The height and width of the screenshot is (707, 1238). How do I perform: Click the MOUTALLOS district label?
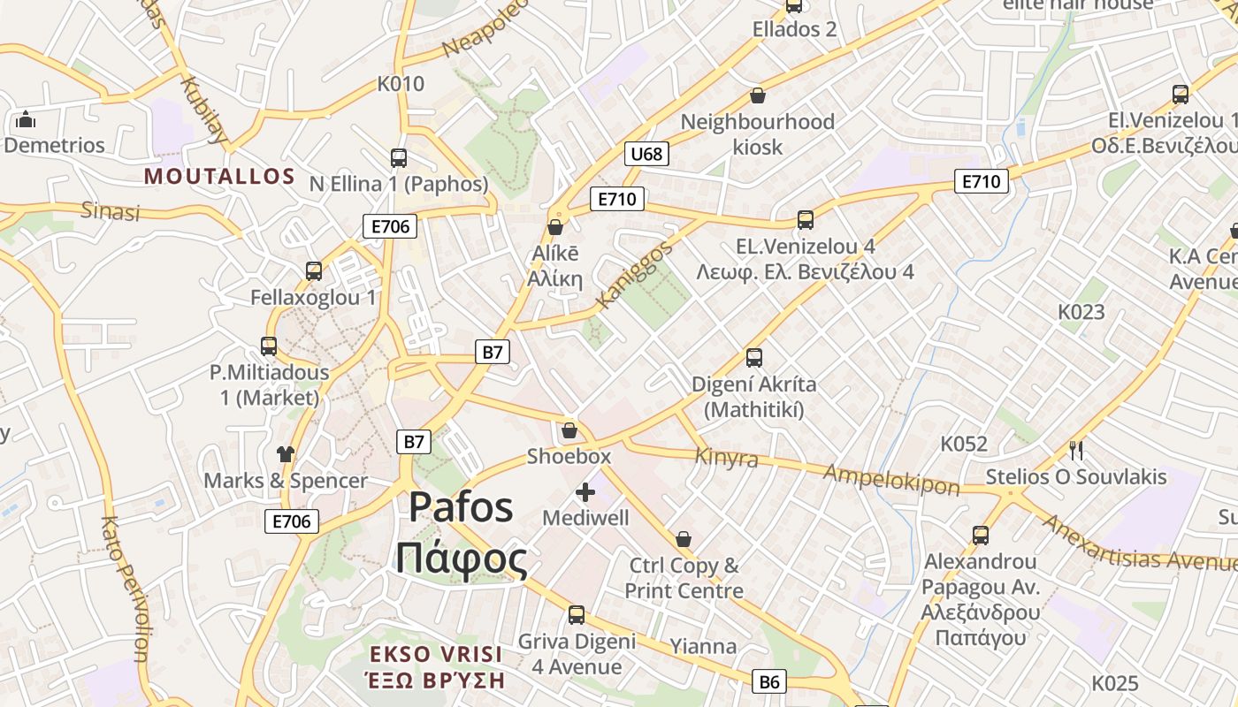click(219, 176)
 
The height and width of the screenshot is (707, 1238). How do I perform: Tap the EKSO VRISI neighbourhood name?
click(436, 655)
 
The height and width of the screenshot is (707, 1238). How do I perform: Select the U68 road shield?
click(646, 154)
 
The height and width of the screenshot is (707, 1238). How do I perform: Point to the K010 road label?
click(401, 84)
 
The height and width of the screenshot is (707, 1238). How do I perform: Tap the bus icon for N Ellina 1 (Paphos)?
click(399, 158)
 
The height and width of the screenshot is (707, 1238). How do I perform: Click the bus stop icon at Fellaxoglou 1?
click(314, 271)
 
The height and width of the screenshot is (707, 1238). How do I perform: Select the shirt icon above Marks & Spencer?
click(285, 454)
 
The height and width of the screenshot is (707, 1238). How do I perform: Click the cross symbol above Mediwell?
click(585, 492)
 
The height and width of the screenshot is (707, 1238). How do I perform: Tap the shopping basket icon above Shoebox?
click(569, 430)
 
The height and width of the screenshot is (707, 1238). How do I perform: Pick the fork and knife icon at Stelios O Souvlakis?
click(1076, 451)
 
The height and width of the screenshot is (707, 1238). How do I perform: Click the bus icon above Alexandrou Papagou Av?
click(981, 535)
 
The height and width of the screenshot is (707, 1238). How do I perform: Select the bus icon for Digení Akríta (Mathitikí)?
click(754, 358)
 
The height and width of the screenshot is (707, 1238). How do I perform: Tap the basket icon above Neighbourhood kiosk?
click(758, 95)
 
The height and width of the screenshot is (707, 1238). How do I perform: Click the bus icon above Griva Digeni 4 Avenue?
click(577, 615)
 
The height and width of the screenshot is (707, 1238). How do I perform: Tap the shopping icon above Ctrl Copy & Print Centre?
click(684, 539)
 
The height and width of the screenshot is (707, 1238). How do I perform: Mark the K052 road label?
click(964, 444)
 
